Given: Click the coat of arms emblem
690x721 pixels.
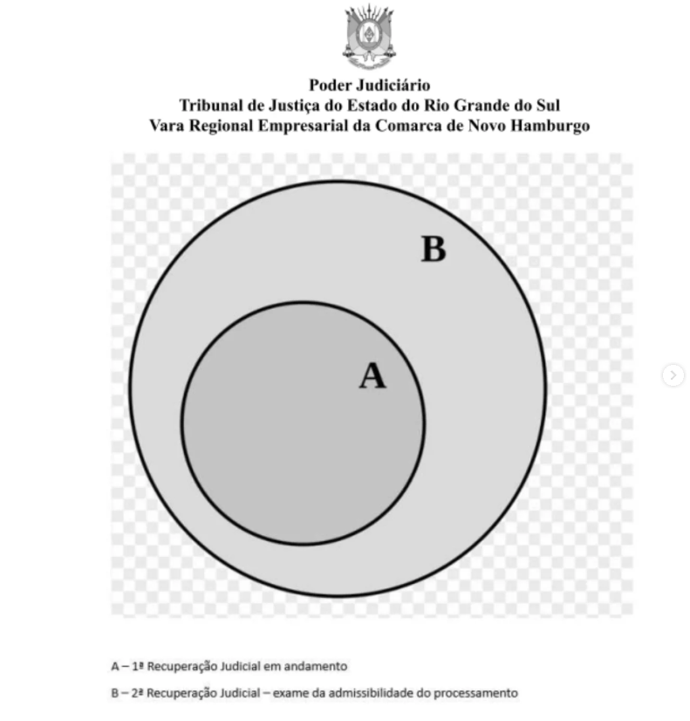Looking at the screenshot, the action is click(369, 37).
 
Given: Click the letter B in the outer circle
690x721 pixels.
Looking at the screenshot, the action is click(434, 250).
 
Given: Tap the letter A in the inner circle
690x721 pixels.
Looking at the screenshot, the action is click(372, 375).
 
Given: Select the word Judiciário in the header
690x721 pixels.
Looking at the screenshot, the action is click(393, 86).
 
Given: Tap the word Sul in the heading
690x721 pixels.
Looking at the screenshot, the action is click(548, 106).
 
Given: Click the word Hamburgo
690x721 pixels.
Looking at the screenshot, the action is click(550, 127).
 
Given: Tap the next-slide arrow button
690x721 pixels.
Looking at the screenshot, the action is click(673, 375).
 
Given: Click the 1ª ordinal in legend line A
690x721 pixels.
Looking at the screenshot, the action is click(138, 666).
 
